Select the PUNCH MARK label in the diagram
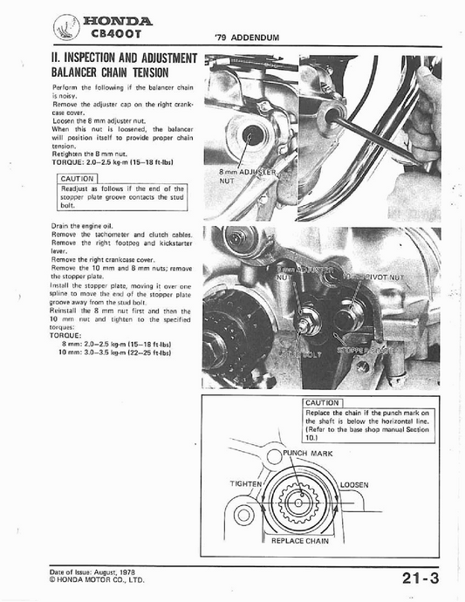(x=311, y=455)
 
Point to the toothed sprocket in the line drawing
(x=299, y=504)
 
